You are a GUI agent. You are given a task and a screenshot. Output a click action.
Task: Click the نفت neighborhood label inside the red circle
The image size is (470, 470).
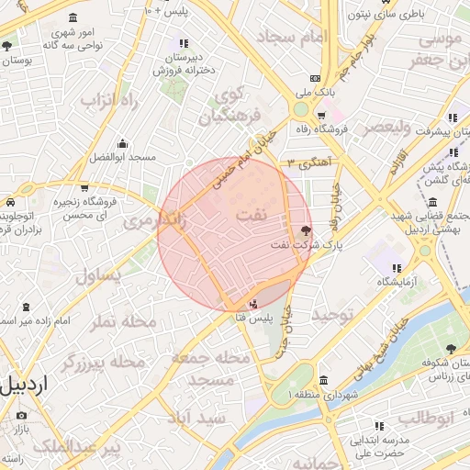coord(251,215)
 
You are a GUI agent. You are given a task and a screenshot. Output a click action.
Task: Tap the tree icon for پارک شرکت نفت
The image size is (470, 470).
coord(305,230)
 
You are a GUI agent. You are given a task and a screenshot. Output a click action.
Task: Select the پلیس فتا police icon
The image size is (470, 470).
coord(253,302)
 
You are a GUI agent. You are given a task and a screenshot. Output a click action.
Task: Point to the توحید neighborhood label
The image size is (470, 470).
coord(332,315)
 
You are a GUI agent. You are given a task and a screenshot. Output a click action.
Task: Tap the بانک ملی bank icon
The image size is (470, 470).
coord(315,78)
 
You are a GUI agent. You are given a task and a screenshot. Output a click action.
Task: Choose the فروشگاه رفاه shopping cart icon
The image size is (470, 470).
coord(320,115)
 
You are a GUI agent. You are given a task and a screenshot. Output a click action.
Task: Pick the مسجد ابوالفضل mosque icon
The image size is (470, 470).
coord(122,143)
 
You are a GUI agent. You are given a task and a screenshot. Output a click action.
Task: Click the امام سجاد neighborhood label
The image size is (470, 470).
coord(293,37)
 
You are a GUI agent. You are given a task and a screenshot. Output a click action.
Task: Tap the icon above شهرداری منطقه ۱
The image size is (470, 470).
coord(323,379)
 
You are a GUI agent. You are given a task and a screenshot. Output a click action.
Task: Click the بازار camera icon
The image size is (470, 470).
coord(21,416)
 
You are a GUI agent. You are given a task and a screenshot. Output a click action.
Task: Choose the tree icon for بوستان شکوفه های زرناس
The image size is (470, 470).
coord(450,348)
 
